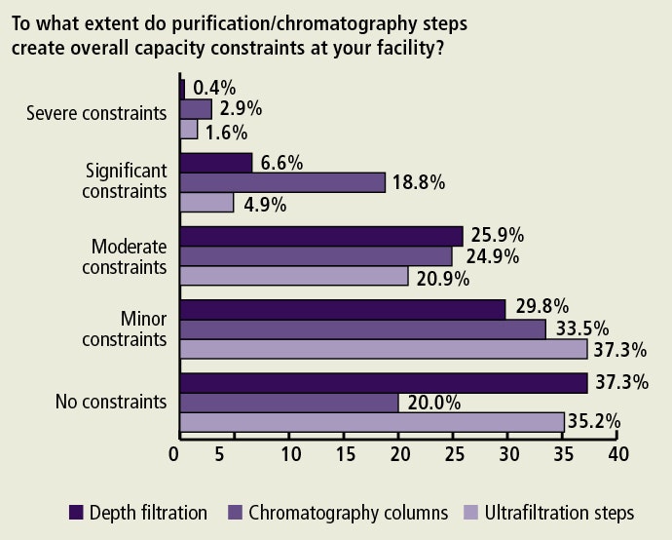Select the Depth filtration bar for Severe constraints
tap(182, 89)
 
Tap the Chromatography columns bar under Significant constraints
tap(282, 182)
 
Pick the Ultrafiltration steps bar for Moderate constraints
tap(294, 277)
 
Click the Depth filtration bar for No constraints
tap(384, 382)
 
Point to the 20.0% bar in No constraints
tap(289, 403)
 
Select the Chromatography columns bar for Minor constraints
tap(363, 328)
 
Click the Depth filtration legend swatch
tap(75, 512)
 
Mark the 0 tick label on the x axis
tap(176, 454)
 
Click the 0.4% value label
tap(213, 88)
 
